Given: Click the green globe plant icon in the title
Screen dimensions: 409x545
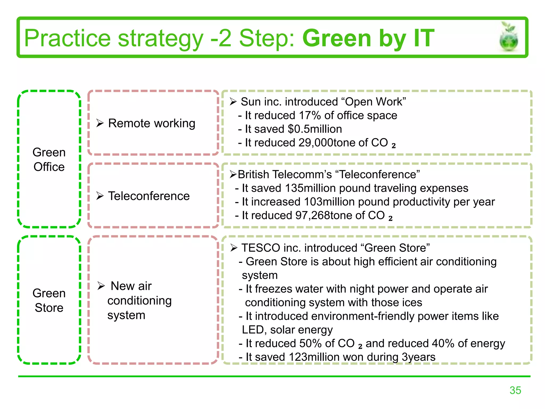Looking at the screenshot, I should pyautogui.click(x=509, y=37).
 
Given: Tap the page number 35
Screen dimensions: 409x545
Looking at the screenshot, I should pyautogui.click(x=515, y=390).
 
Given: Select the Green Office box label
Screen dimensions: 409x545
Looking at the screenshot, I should pyautogui.click(x=49, y=159).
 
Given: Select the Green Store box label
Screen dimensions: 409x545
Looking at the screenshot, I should pyautogui.click(x=49, y=300).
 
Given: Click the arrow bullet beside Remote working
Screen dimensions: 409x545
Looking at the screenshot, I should pyautogui.click(x=100, y=123).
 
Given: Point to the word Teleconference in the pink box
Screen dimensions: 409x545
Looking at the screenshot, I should pyautogui.click(x=149, y=196).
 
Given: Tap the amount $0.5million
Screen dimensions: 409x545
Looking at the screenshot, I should pyautogui.click(x=315, y=129).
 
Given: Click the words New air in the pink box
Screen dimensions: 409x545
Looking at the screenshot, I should pyautogui.click(x=131, y=286).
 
